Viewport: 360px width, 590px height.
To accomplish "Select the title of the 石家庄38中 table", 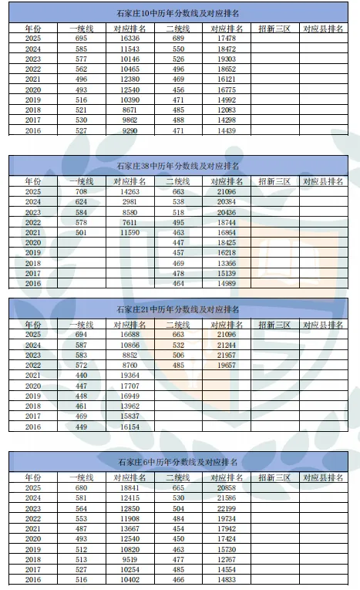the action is click(179, 166).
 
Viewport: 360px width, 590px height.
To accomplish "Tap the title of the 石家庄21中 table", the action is click(179, 309).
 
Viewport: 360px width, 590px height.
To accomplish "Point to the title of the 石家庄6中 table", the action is click(179, 462).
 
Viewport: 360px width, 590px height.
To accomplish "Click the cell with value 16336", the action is click(129, 38).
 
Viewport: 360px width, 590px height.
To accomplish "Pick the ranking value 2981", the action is click(129, 202).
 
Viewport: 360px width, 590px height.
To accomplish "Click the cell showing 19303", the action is click(227, 59).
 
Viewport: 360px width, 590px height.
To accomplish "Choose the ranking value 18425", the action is click(227, 243).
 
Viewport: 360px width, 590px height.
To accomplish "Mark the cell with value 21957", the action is click(227, 355).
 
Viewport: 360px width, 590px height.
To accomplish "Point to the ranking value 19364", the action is click(129, 375).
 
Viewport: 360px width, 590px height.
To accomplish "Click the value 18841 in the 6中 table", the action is click(129, 489).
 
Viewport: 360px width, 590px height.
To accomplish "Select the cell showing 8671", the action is click(129, 110).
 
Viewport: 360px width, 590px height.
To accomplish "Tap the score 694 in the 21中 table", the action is click(82, 335).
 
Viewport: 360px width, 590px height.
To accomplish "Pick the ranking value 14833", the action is click(227, 580).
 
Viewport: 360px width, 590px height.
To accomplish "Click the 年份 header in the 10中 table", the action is click(33, 28).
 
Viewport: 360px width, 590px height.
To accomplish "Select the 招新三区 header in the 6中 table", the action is click(274, 477).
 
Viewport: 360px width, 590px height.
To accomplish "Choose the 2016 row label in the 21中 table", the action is click(33, 426).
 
